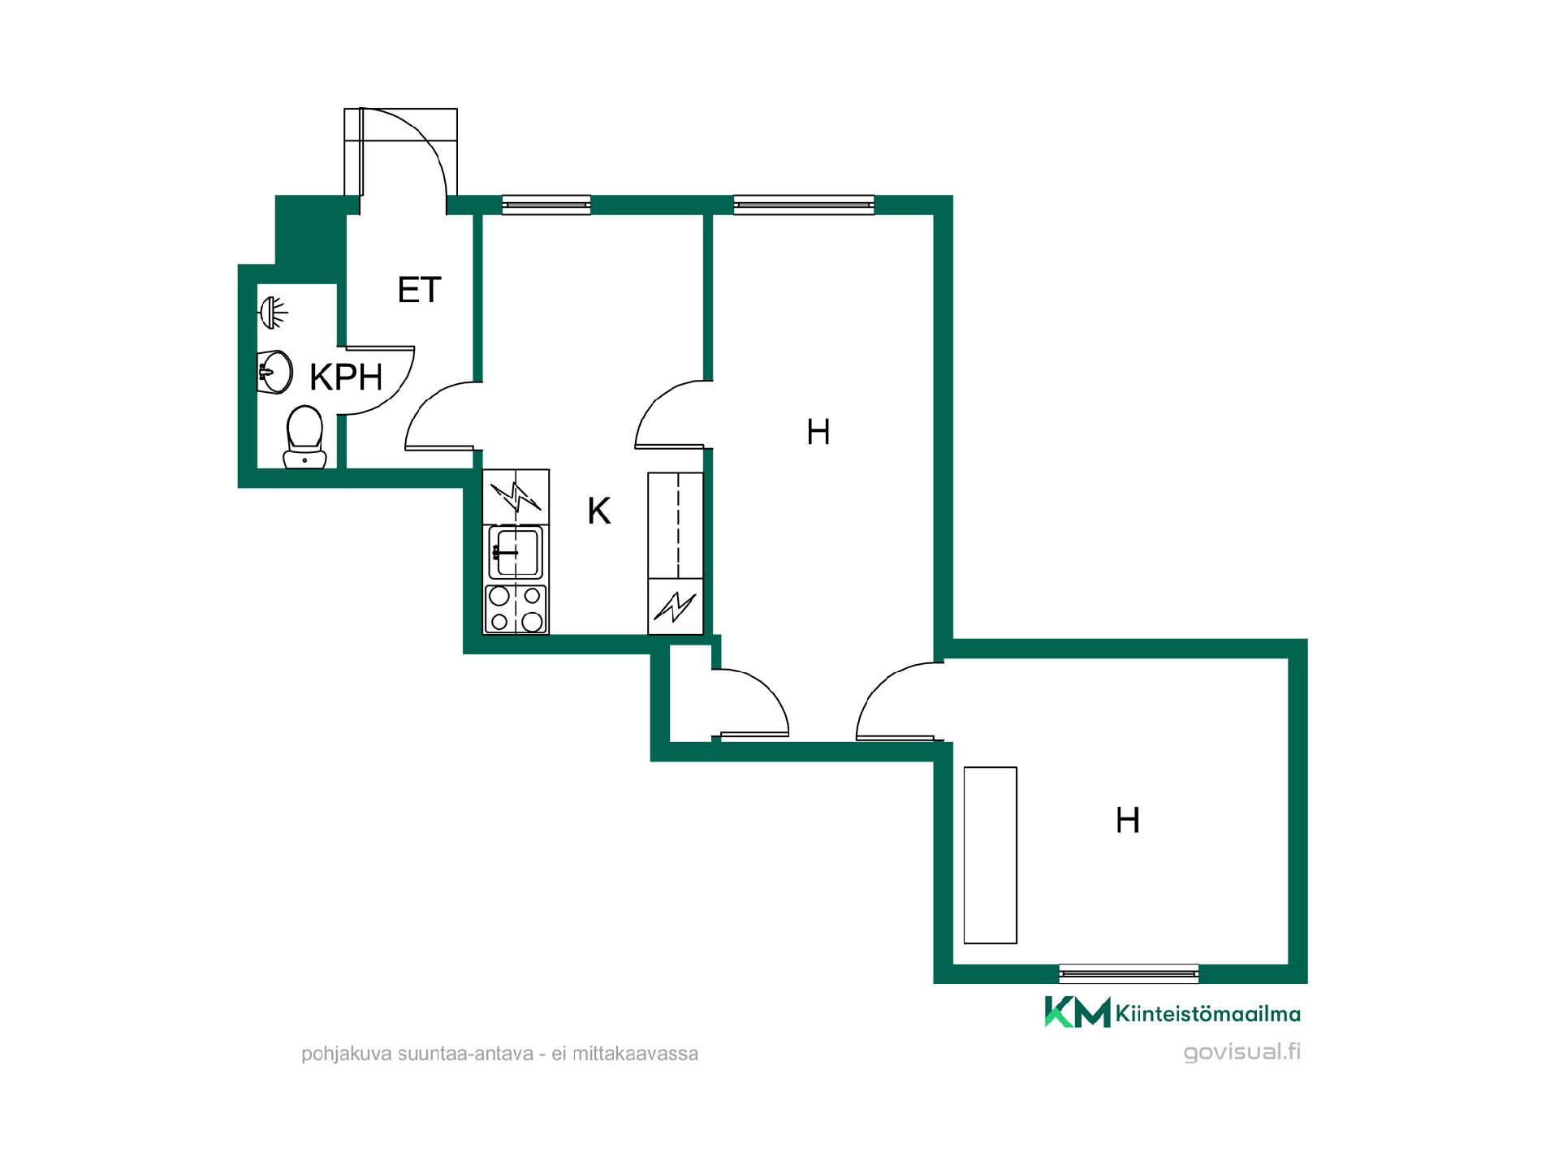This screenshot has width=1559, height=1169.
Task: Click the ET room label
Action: [x=419, y=290]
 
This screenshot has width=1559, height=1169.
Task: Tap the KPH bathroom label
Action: [x=346, y=377]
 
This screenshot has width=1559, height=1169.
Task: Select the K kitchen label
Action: [x=598, y=511]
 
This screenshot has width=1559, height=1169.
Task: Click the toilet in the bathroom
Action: [x=304, y=437]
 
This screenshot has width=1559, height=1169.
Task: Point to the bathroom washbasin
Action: [x=275, y=372]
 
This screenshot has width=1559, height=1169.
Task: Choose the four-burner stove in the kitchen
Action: [x=516, y=609]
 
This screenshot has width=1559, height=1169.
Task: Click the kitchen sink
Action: [x=516, y=552]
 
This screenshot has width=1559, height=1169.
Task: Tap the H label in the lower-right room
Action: [x=1128, y=820]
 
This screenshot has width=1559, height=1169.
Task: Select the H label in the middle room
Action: [x=818, y=432]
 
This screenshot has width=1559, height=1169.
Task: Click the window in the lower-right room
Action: [x=1129, y=973]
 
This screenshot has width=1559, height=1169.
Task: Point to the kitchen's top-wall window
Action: [x=546, y=205]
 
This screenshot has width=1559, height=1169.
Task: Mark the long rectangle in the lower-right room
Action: [x=990, y=855]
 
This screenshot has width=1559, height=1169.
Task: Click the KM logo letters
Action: [x=1077, y=1012]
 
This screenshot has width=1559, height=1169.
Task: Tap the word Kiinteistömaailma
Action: [x=1208, y=1013]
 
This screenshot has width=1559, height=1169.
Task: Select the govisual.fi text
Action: [x=1242, y=1052]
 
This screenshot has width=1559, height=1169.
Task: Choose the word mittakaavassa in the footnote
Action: [x=635, y=1054]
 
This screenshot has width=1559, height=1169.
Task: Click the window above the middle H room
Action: [x=804, y=205]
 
